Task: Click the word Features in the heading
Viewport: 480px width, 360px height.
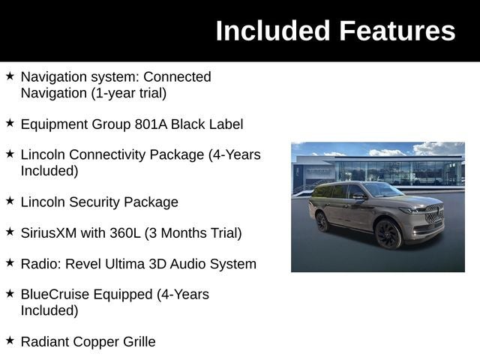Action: coord(397,31)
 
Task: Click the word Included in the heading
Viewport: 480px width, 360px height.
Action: coord(273,31)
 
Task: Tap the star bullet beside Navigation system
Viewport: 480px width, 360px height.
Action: coord(10,76)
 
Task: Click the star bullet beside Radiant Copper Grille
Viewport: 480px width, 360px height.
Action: coord(10,340)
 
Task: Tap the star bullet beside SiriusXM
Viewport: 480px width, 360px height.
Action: coord(10,232)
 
